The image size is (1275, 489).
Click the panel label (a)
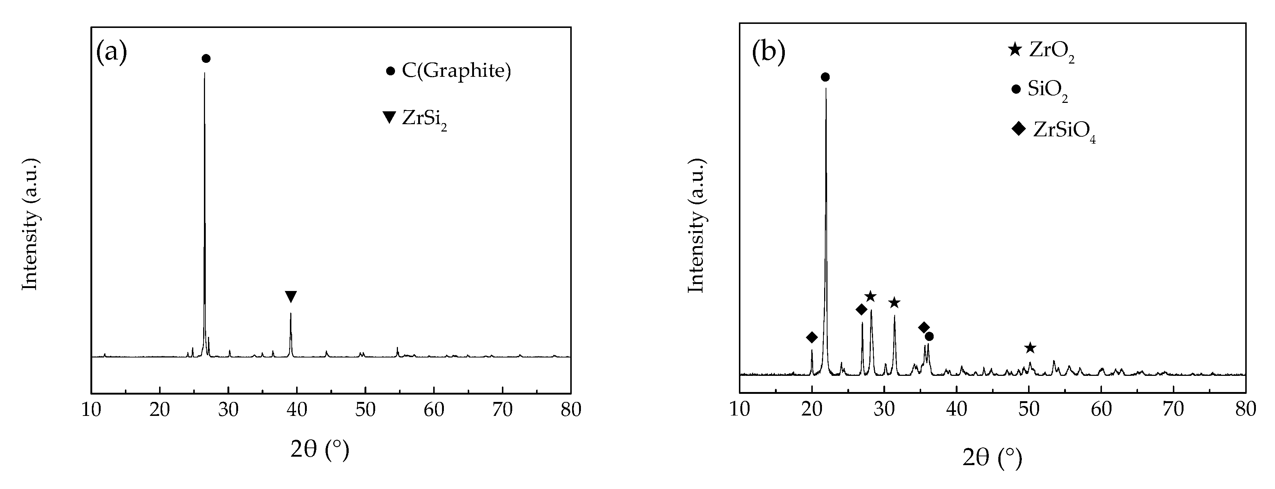(x=111, y=51)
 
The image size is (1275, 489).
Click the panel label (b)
(x=768, y=51)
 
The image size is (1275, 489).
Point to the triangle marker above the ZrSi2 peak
(x=291, y=296)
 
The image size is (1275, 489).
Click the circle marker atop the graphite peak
(x=206, y=58)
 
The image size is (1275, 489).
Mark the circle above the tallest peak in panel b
(x=825, y=77)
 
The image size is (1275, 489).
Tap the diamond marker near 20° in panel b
(x=812, y=338)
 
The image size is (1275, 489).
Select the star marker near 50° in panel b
(x=1030, y=348)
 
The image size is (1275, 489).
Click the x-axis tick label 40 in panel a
(x=297, y=410)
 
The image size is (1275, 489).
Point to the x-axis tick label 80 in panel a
(x=571, y=410)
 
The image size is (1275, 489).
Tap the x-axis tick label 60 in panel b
(x=1101, y=410)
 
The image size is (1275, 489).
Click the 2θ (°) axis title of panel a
(x=320, y=449)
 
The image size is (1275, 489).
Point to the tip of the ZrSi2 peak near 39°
(x=291, y=313)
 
